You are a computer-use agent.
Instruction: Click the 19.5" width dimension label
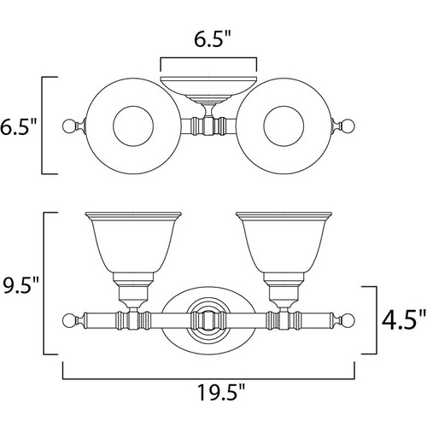[x=221, y=392]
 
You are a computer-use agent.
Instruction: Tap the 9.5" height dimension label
[x=20, y=284]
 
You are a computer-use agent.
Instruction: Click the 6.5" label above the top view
[x=212, y=38]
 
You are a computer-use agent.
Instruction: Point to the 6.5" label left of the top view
[x=18, y=127]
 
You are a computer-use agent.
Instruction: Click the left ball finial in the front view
[x=69, y=320]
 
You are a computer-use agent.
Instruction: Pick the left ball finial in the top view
[x=69, y=126]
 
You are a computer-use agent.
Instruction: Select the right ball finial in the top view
[x=348, y=126]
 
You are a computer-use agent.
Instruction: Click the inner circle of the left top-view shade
[x=133, y=106]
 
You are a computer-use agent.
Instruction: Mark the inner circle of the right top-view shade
[x=284, y=106]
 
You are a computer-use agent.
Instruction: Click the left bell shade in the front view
[x=133, y=242]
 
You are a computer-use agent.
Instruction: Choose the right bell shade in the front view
[x=284, y=242]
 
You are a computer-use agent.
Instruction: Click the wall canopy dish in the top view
[x=208, y=86]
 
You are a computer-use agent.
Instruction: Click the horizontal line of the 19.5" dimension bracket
[x=208, y=378]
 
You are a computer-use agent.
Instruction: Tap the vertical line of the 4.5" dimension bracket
[x=377, y=320]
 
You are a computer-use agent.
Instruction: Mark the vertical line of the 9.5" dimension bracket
[x=44, y=284]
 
